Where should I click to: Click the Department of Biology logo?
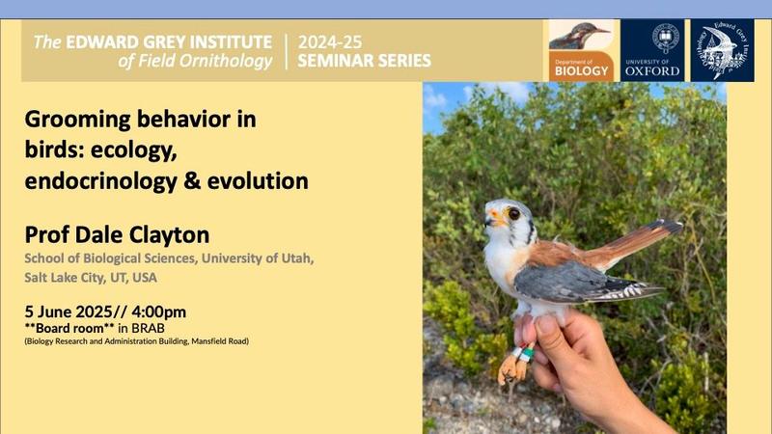582,50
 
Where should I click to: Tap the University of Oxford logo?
652,50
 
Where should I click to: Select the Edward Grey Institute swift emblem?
722,50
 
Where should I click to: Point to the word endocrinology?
101,181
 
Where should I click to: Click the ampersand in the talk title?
192,181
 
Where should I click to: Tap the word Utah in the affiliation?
297,258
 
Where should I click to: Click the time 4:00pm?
158,312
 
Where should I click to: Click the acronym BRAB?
148,328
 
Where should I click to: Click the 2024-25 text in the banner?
330,42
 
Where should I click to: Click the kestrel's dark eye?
514,213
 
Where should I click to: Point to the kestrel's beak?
489,222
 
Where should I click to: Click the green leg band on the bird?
527,354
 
